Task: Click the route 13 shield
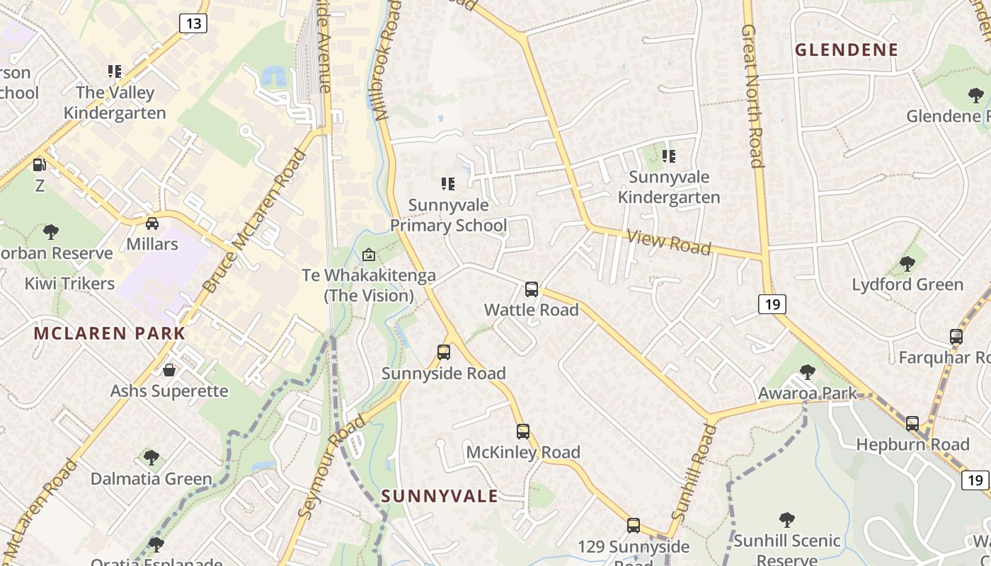(x=193, y=23)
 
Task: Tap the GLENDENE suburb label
(x=847, y=50)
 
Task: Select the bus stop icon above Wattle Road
(x=532, y=289)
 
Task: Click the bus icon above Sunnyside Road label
(x=444, y=352)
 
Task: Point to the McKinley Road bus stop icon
(x=523, y=432)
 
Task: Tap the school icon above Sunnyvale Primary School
(x=448, y=185)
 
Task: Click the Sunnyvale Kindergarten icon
(x=669, y=156)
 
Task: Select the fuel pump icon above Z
(x=40, y=165)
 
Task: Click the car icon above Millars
(x=152, y=224)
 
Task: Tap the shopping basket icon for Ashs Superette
(x=169, y=370)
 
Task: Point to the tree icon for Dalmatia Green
(x=151, y=458)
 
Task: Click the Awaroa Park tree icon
(x=807, y=372)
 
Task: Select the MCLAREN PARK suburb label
(x=110, y=333)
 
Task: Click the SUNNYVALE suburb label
(x=440, y=496)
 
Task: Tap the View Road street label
(x=669, y=243)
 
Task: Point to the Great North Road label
(x=752, y=96)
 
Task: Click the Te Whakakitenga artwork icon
(x=369, y=255)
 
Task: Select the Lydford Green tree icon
(x=907, y=264)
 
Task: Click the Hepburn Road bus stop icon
(x=912, y=424)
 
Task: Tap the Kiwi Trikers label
(x=69, y=284)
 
